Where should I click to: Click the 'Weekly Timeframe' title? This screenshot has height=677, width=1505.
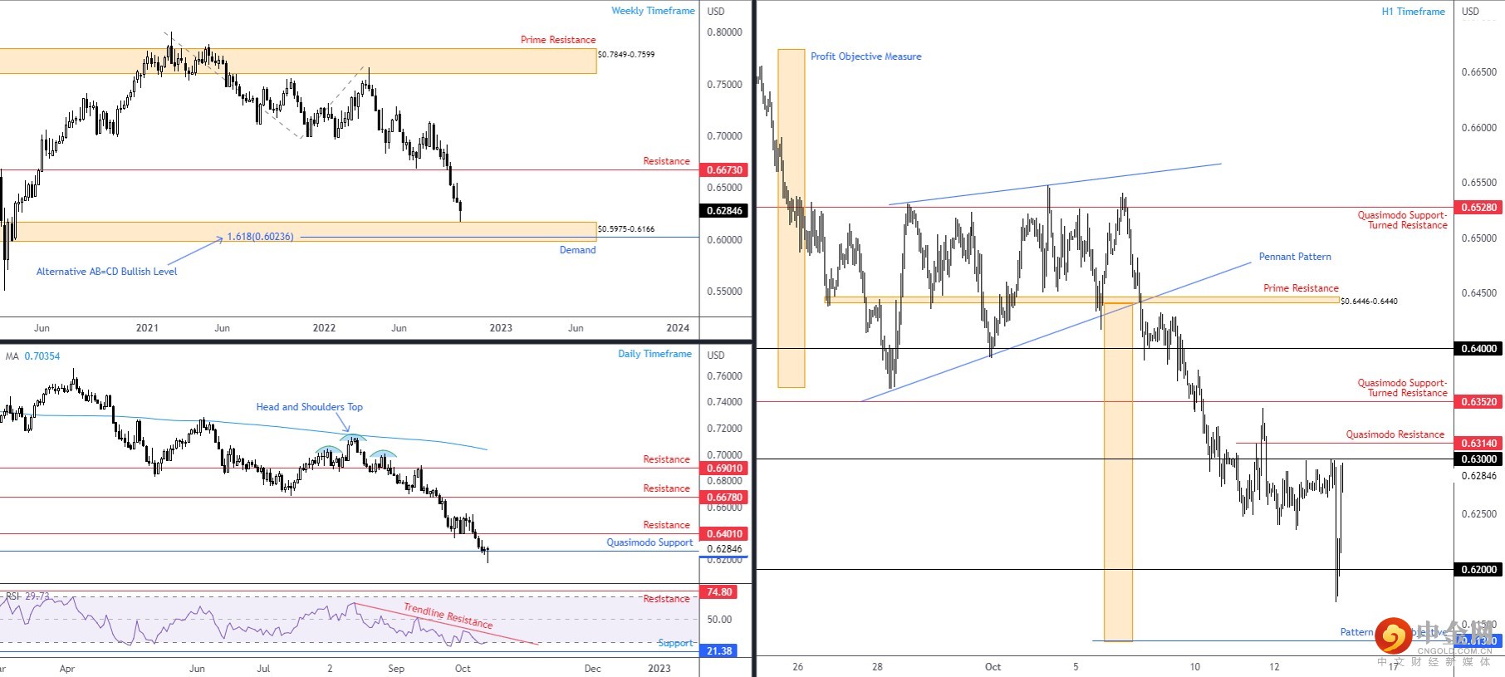[653, 11]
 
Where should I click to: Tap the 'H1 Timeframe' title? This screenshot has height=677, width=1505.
[1413, 12]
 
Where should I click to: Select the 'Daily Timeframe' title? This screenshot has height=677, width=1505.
[654, 354]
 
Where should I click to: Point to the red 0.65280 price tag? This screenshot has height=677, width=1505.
[1478, 208]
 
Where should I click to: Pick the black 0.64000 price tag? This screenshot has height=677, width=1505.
[1478, 349]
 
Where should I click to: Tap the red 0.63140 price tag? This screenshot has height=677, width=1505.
[1478, 444]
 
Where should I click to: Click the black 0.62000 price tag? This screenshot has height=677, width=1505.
[1478, 570]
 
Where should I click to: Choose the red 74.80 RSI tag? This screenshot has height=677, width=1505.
[719, 592]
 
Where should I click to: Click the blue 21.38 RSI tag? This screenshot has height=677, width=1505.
[719, 651]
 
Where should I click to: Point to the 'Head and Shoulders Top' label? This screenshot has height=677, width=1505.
[309, 407]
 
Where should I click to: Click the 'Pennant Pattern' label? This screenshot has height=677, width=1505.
[1294, 257]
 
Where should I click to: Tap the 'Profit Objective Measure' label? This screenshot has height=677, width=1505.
[865, 56]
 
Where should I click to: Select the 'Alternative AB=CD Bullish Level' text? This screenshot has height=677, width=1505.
[106, 272]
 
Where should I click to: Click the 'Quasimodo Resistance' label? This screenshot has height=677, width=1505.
[1395, 434]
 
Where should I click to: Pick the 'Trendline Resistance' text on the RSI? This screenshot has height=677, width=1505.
[448, 616]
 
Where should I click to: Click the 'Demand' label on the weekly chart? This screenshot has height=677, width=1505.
[577, 250]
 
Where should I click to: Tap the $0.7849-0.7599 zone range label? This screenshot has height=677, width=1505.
[626, 55]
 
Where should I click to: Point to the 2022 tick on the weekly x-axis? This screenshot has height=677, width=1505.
[324, 328]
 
